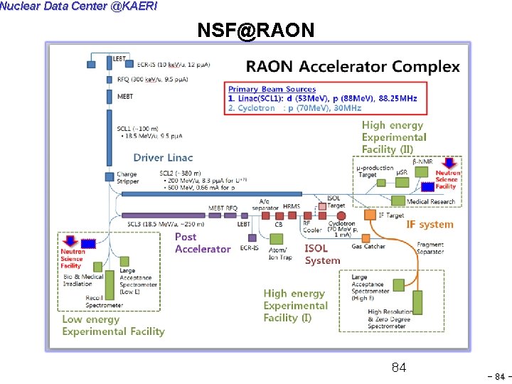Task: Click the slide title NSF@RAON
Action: tap(255, 30)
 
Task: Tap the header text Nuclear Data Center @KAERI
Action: tap(79, 6)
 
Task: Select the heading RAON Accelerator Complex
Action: tap(353, 67)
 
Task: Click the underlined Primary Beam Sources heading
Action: tap(272, 89)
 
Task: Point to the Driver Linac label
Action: tap(163, 157)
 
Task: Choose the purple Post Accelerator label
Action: tap(203, 242)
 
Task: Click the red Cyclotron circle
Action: tap(341, 215)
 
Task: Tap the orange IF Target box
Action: tap(370, 214)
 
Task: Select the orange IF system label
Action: tap(430, 224)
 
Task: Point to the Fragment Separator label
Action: tap(430, 248)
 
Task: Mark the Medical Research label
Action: tap(431, 201)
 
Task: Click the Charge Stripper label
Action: tap(127, 178)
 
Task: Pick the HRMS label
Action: tap(292, 207)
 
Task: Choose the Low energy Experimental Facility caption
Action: tap(113, 325)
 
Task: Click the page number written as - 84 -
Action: tap(498, 376)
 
